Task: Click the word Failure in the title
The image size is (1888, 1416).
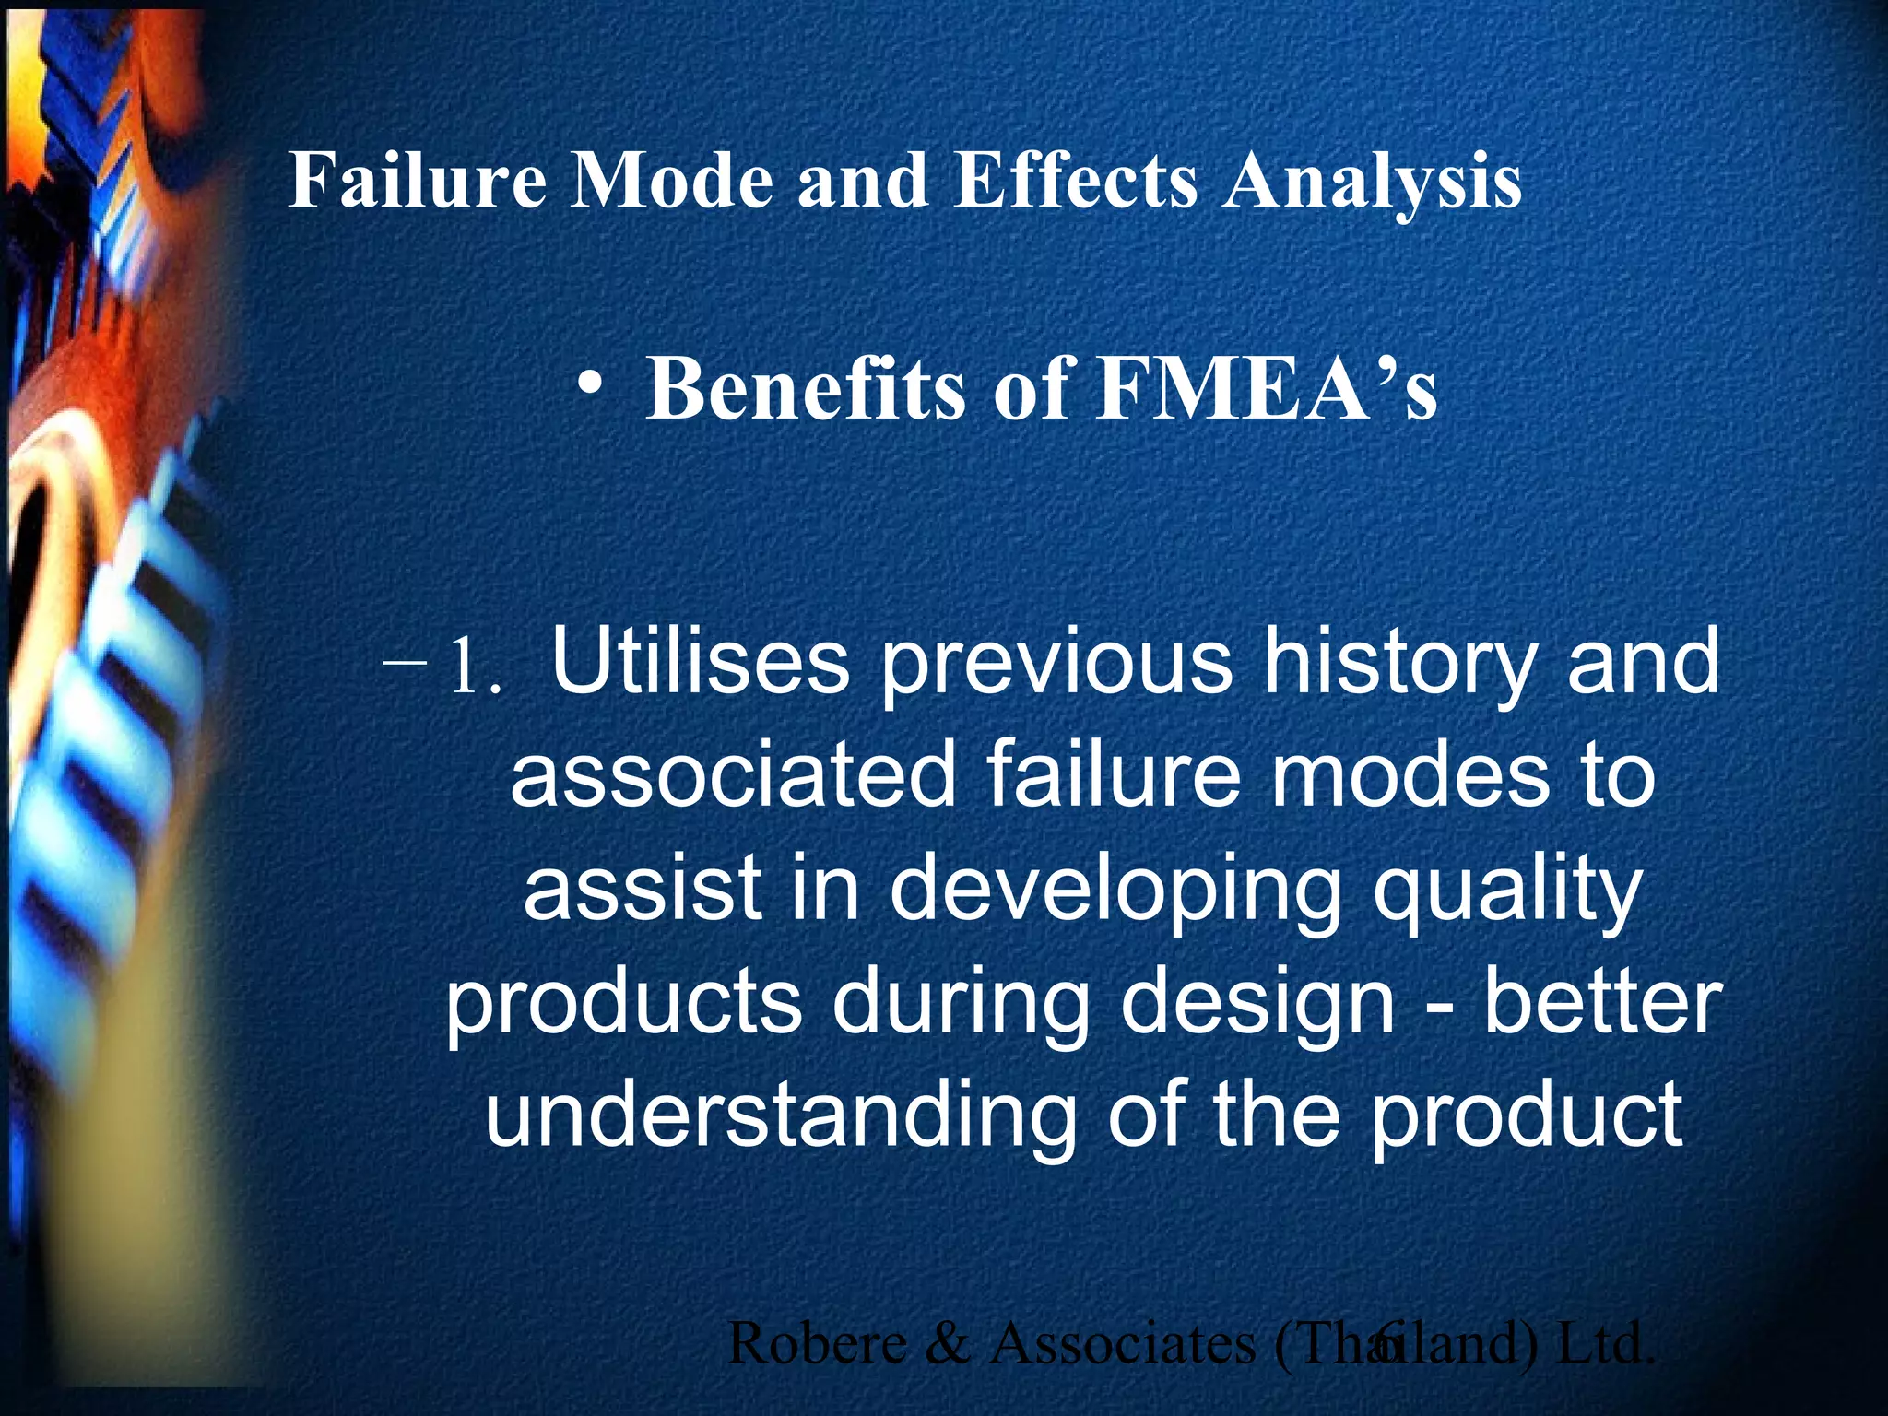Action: click(x=418, y=180)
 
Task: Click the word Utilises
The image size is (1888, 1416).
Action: click(x=700, y=662)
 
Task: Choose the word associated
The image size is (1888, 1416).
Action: click(x=733, y=775)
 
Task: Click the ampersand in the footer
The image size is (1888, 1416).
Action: click(x=946, y=1343)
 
